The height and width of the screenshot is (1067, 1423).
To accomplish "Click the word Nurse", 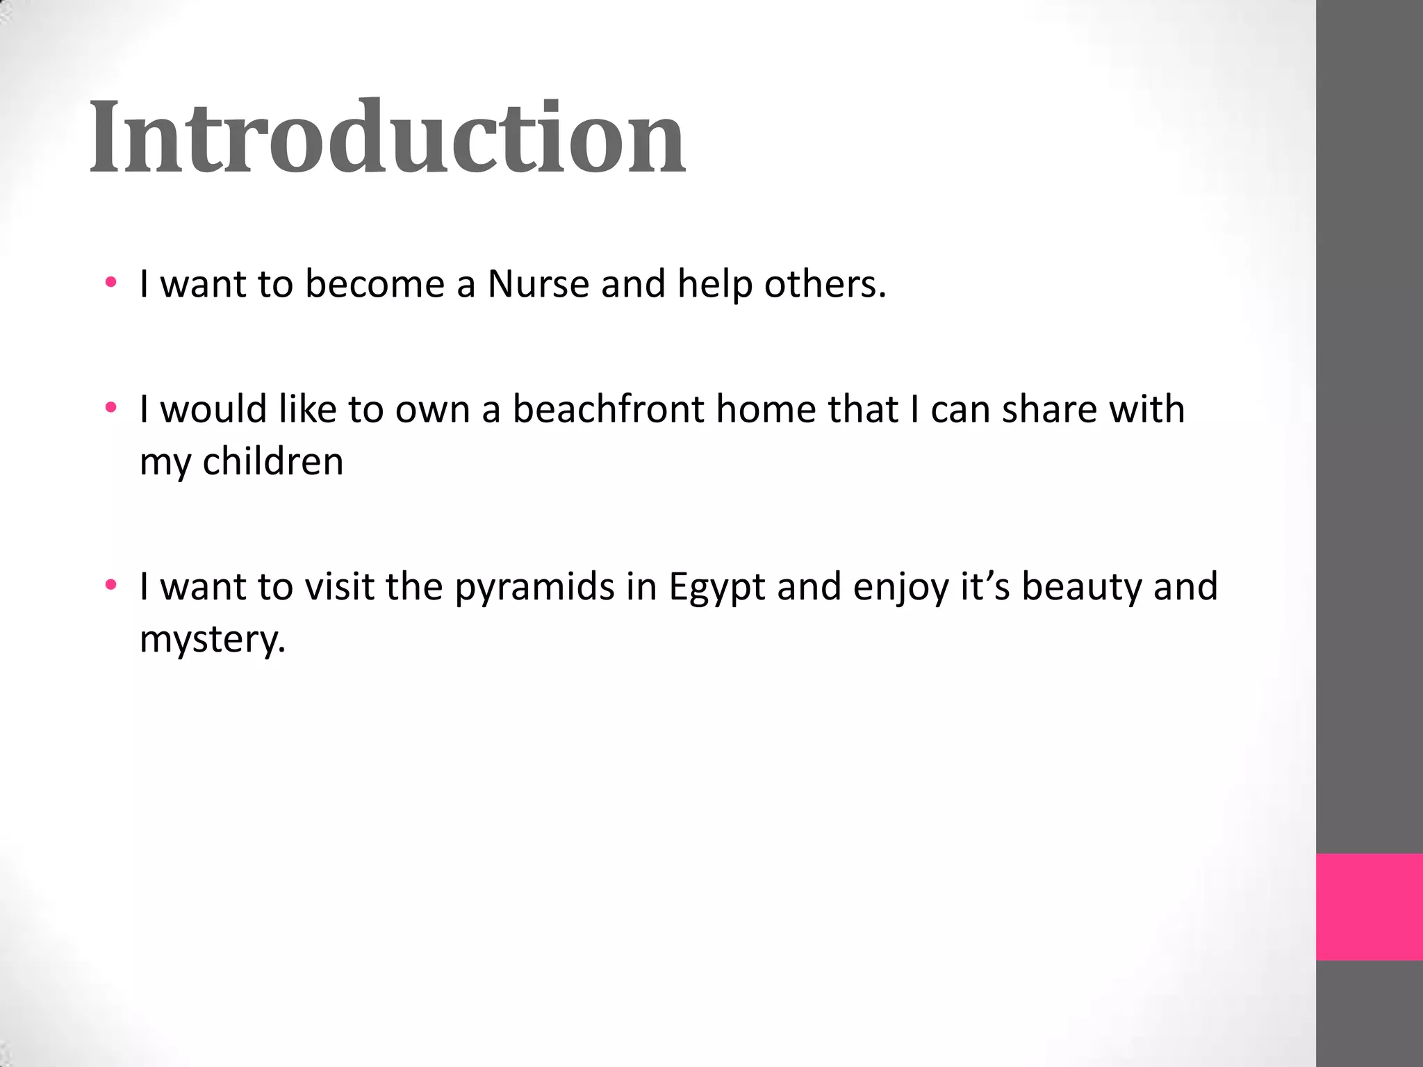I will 538,284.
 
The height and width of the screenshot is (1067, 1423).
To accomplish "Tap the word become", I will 375,284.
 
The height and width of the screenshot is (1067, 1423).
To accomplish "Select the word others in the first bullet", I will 825,284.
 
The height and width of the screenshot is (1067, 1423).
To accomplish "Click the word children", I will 273,461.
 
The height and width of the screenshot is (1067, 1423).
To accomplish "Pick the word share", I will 1048,409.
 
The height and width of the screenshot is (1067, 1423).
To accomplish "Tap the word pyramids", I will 535,588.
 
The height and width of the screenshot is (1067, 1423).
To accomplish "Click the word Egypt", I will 716,588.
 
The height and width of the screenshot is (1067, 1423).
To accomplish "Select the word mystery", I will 213,640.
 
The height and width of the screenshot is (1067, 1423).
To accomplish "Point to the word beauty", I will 1081,588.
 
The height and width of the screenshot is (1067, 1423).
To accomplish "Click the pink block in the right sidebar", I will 1369,907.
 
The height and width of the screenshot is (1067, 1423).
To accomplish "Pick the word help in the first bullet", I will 714,284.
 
